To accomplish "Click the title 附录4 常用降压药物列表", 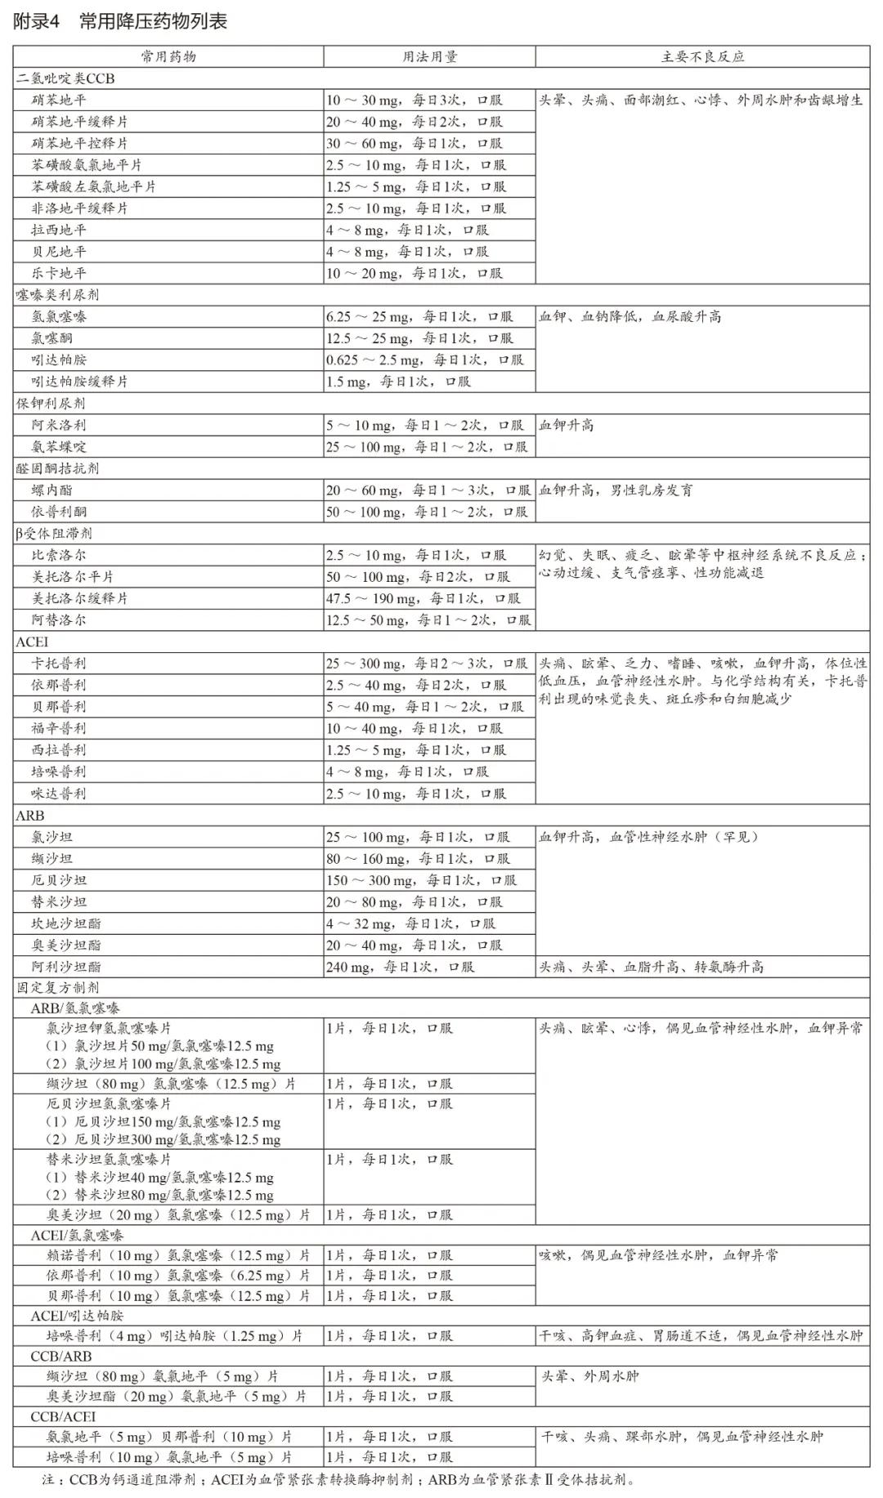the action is coord(120,22).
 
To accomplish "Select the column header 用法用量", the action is coord(429,56).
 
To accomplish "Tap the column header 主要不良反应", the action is coord(702,56).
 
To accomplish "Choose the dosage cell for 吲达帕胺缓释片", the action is coord(398,382).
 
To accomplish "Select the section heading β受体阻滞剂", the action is coord(54,534).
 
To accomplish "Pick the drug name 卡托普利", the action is coord(59,664).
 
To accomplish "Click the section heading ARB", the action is coord(30,816).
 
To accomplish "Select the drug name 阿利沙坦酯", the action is coord(66,967).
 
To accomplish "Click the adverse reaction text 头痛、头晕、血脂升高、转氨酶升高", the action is coord(651,967).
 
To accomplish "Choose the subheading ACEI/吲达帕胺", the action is coord(78,1316).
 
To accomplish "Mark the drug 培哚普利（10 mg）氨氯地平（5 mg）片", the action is coord(169,1457).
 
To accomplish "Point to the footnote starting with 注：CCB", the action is coord(338,1479).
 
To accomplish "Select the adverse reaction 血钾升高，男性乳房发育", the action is coord(616,490).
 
